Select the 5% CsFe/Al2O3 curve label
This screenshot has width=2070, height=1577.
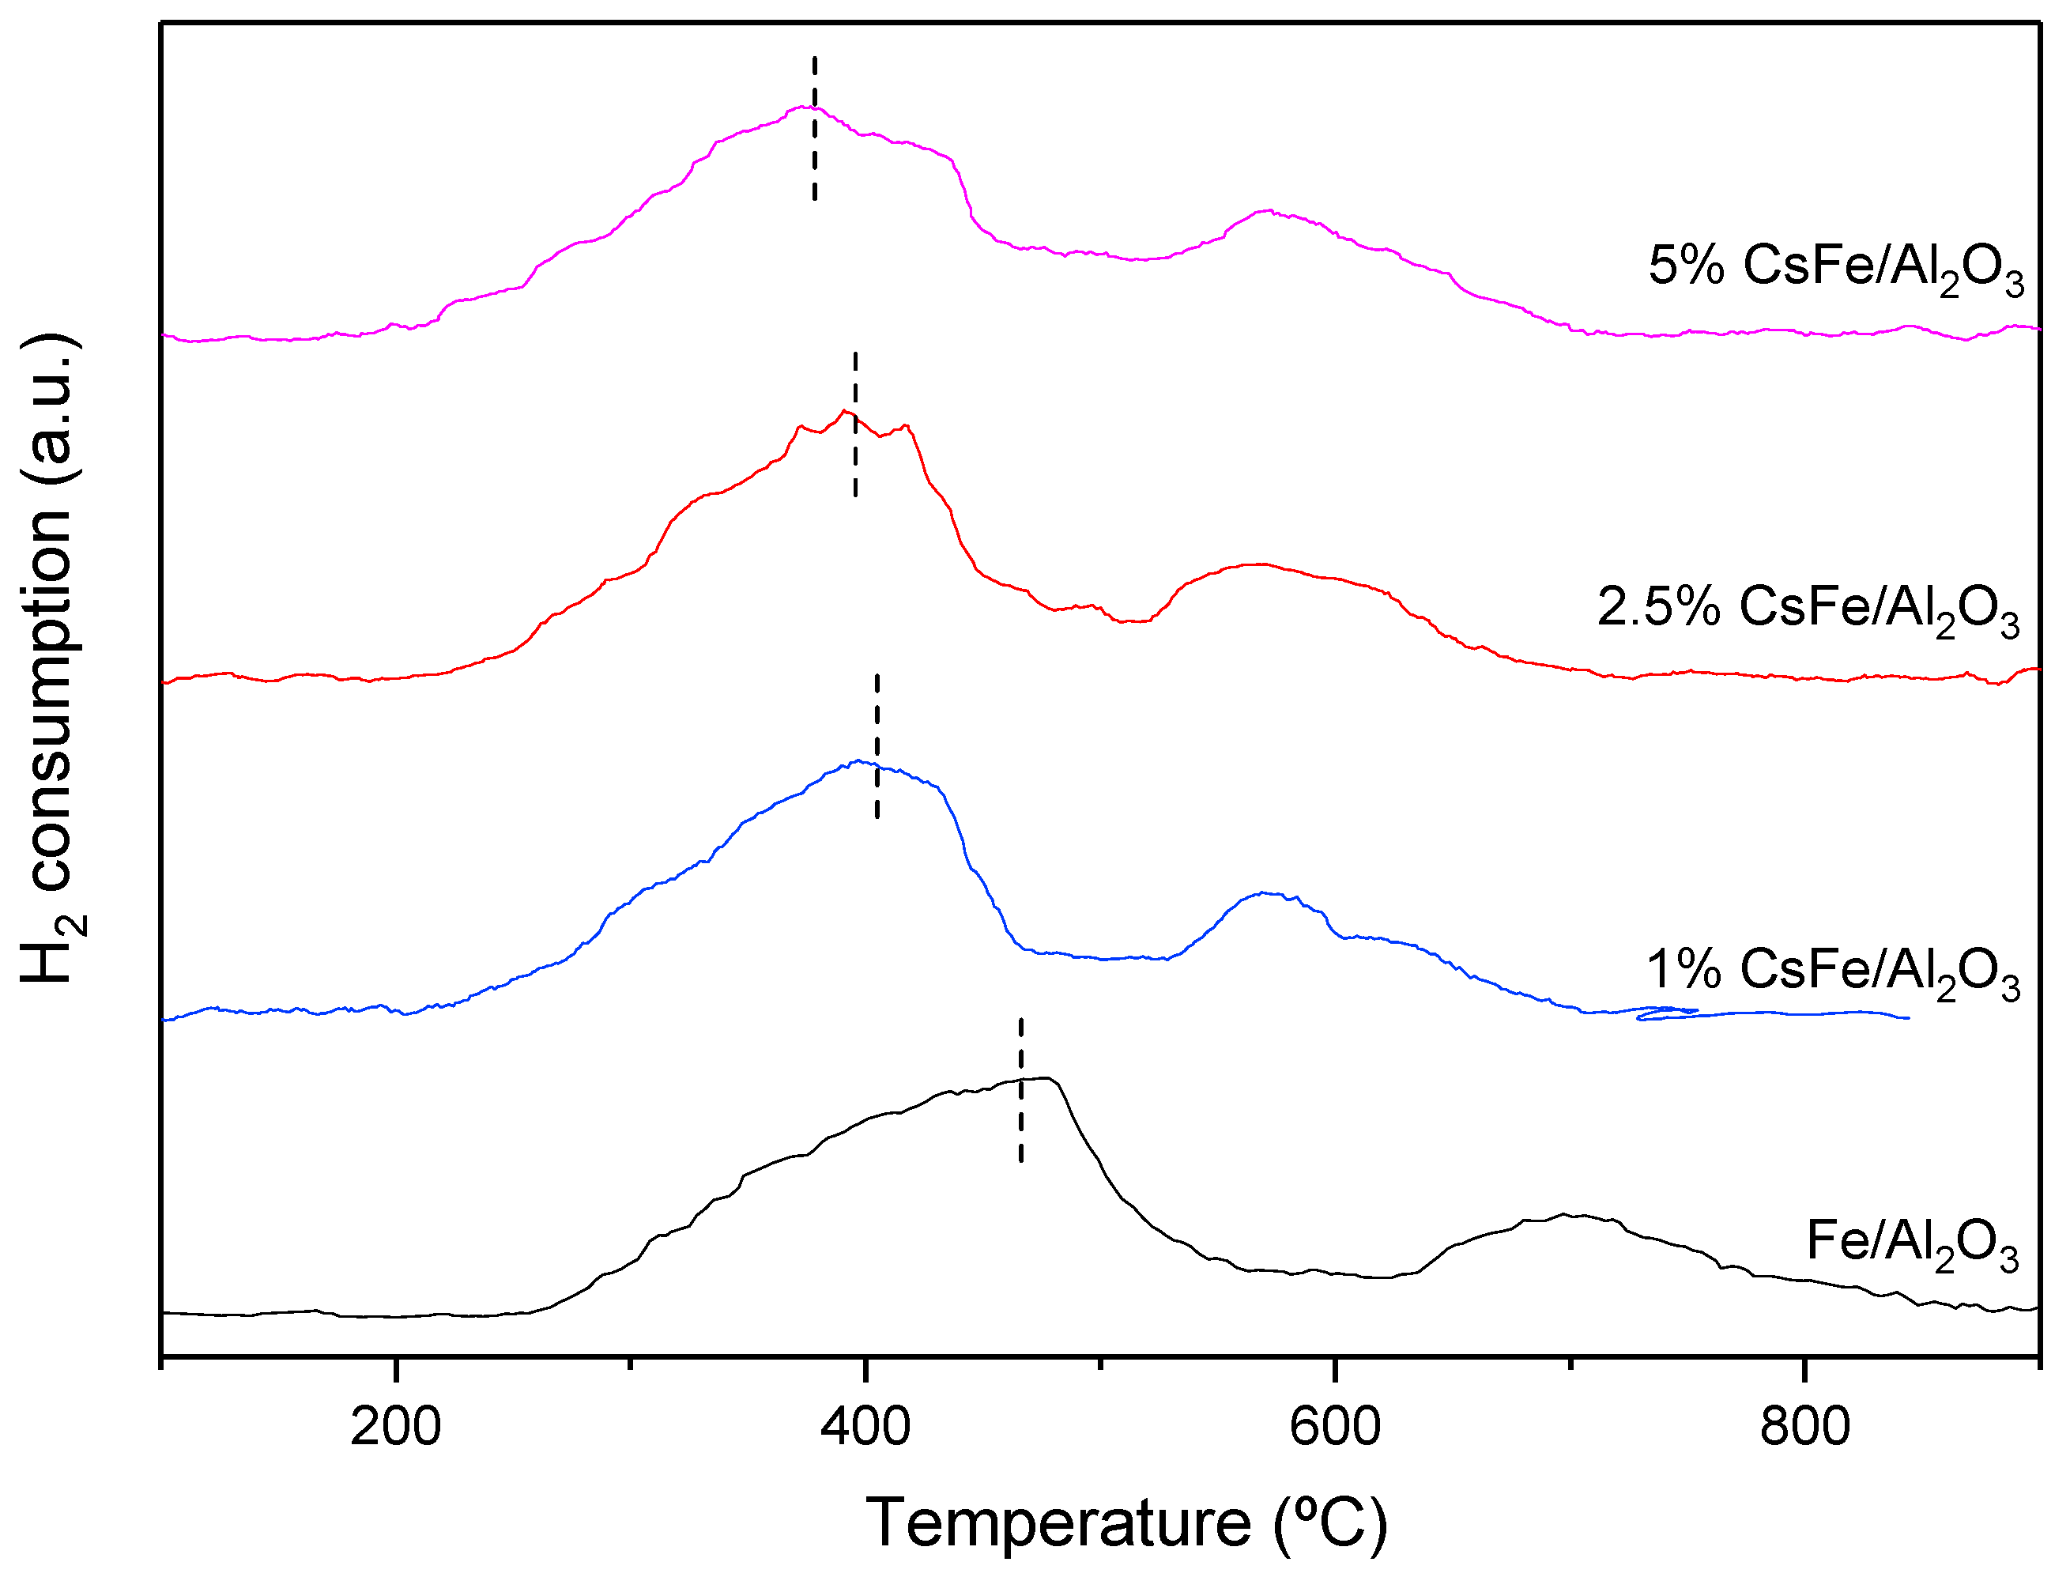[1835, 267]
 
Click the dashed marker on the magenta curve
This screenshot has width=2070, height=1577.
[815, 129]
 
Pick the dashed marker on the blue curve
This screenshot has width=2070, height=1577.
[877, 746]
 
